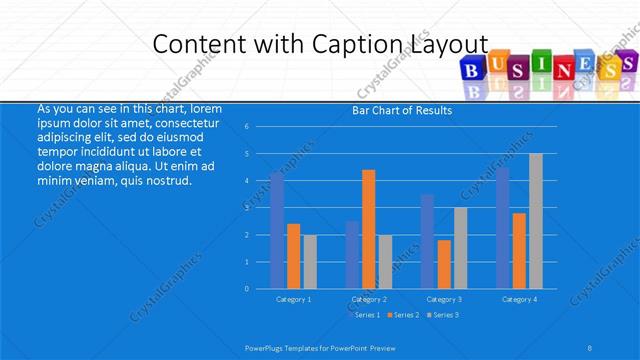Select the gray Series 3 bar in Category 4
pyautogui.click(x=536, y=221)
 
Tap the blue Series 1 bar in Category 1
pyautogui.click(x=277, y=231)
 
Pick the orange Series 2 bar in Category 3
pyautogui.click(x=444, y=264)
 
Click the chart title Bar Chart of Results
pyautogui.click(x=402, y=110)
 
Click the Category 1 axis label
pyautogui.click(x=293, y=299)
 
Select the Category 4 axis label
pyautogui.click(x=519, y=299)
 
